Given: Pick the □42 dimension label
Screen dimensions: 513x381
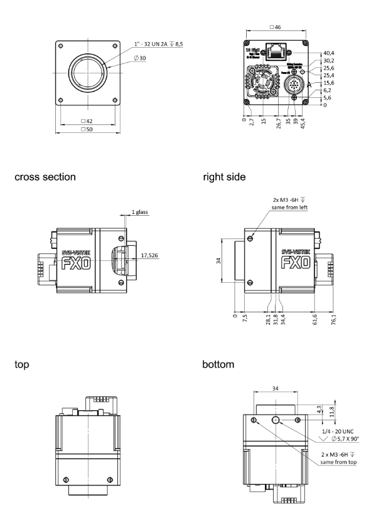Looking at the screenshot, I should point(88,120).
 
